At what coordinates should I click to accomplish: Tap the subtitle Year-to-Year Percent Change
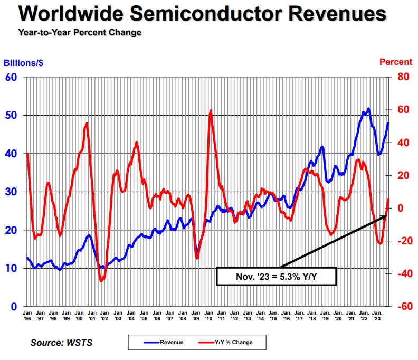pos(80,33)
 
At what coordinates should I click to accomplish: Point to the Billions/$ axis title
pos(24,62)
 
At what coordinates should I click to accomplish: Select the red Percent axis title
pos(396,62)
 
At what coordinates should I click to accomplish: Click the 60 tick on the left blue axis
pos(11,77)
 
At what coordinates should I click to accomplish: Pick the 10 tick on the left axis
pos(11,269)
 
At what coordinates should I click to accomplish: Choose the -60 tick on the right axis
pos(404,307)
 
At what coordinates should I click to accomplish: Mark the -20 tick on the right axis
pos(404,241)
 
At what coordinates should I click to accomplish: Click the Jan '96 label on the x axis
pos(27,316)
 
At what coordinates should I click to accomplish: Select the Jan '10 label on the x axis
pos(208,316)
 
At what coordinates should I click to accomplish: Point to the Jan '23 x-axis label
pos(377,316)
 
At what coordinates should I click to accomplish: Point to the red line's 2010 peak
pos(211,111)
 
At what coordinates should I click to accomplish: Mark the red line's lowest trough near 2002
pos(101,281)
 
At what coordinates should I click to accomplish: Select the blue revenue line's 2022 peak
pos(368,109)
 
